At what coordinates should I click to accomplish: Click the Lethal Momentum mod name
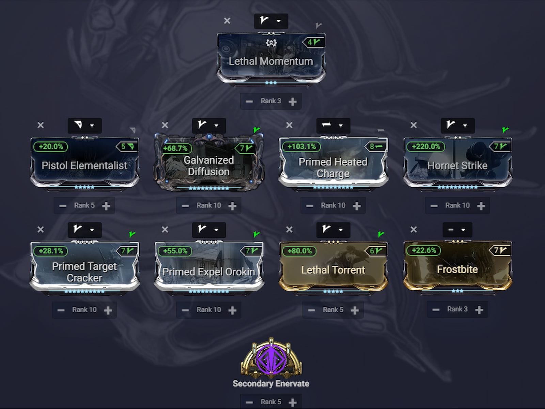[271, 61]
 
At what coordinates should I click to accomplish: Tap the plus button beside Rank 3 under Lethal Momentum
[292, 101]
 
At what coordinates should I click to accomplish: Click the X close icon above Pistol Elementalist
[41, 125]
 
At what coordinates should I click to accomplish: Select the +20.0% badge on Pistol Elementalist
[51, 147]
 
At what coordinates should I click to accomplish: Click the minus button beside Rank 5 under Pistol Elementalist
[63, 206]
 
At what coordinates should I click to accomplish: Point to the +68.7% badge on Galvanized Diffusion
[175, 148]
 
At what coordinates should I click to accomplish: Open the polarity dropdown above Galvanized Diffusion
[209, 125]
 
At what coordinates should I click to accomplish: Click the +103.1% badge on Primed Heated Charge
[301, 147]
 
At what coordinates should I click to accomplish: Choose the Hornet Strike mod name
[457, 166]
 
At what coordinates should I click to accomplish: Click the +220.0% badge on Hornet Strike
[426, 147]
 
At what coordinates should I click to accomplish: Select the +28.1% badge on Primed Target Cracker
[51, 251]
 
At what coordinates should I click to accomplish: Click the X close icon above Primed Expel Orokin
[165, 230]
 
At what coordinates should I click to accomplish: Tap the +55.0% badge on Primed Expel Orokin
[175, 251]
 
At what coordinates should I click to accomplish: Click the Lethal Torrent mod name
[333, 270]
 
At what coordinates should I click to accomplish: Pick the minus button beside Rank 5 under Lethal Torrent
[311, 310]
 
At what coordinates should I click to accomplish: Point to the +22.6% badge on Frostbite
[424, 250]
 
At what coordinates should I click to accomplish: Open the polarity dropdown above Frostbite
[457, 230]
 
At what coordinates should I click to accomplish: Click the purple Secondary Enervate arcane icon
[271, 359]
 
